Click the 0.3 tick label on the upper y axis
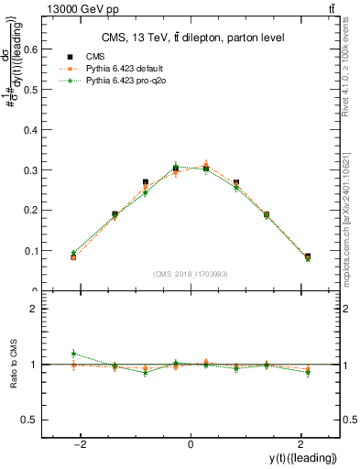[29, 170]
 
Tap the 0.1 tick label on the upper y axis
[29, 250]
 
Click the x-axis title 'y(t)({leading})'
[306, 459]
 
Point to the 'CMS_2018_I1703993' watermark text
[190, 274]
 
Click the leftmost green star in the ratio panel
[73, 353]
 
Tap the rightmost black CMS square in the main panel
[307, 256]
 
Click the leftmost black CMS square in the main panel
[73, 257]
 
